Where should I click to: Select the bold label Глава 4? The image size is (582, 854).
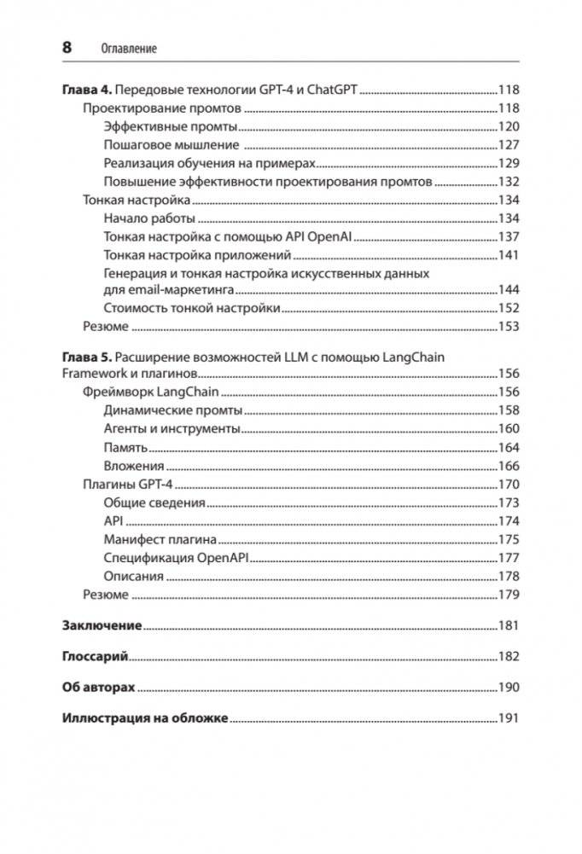click(87, 90)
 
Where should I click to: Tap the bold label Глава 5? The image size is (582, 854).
click(87, 357)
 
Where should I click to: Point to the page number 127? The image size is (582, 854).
click(508, 145)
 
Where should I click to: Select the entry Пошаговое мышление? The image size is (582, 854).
click(171, 145)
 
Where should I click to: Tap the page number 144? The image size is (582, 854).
click(508, 290)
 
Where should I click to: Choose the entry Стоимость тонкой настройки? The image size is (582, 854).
click(192, 308)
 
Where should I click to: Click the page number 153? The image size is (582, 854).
click(508, 326)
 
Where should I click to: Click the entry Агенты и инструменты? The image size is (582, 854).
click(172, 428)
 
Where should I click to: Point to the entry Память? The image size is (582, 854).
click(125, 447)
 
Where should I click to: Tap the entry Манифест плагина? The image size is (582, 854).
click(160, 539)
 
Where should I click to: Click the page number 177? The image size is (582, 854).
click(508, 558)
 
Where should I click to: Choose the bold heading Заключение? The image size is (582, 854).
click(102, 625)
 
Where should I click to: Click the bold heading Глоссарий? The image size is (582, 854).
click(95, 656)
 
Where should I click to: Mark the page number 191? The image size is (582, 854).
click(508, 717)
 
